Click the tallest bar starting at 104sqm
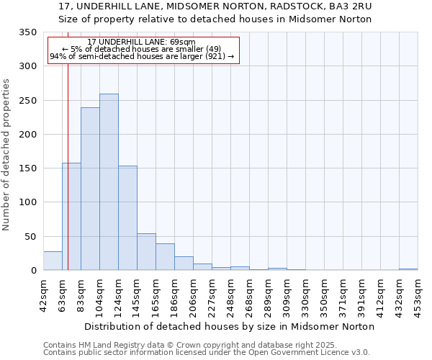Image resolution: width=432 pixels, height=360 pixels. click(x=109, y=182)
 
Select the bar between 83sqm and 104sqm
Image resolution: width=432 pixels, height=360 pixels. click(x=90, y=189)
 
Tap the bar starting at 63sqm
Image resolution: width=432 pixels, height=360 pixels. click(x=71, y=216)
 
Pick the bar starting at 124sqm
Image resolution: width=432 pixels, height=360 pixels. click(x=127, y=218)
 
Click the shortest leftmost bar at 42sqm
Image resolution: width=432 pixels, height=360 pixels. click(x=53, y=261)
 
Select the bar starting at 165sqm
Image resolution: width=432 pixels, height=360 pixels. click(x=165, y=257)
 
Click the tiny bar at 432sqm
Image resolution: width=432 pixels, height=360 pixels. click(x=408, y=269)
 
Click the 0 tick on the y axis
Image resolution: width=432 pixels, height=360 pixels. click(x=33, y=271)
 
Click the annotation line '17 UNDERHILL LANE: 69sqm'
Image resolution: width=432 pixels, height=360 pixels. click(x=141, y=42)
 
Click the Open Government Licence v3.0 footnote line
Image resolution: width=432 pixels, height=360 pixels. click(x=206, y=353)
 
